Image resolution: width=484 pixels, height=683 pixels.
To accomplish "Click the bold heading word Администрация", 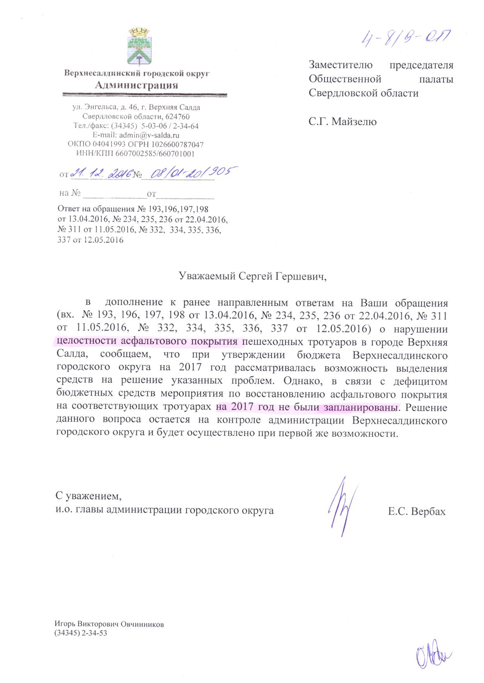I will point(137,85).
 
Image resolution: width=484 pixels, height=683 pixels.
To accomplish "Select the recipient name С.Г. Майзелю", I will point(342,122).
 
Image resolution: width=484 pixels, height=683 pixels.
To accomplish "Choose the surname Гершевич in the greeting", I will point(296,276).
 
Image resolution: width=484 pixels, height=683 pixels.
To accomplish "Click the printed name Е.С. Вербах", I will point(417,511).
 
